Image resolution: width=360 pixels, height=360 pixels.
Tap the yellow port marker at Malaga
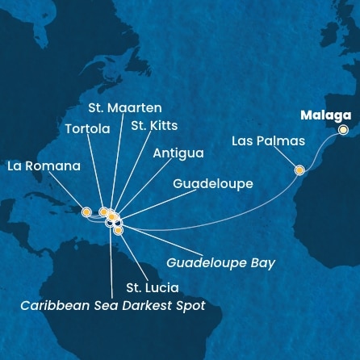343,129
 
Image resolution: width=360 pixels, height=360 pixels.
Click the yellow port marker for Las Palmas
300,170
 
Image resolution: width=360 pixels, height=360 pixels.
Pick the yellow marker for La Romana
86,212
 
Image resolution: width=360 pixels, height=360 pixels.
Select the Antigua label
177,152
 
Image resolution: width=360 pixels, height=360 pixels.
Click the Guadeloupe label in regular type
212,184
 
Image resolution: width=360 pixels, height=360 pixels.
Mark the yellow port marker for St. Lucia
119,230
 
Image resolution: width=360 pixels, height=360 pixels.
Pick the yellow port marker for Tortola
103,212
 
